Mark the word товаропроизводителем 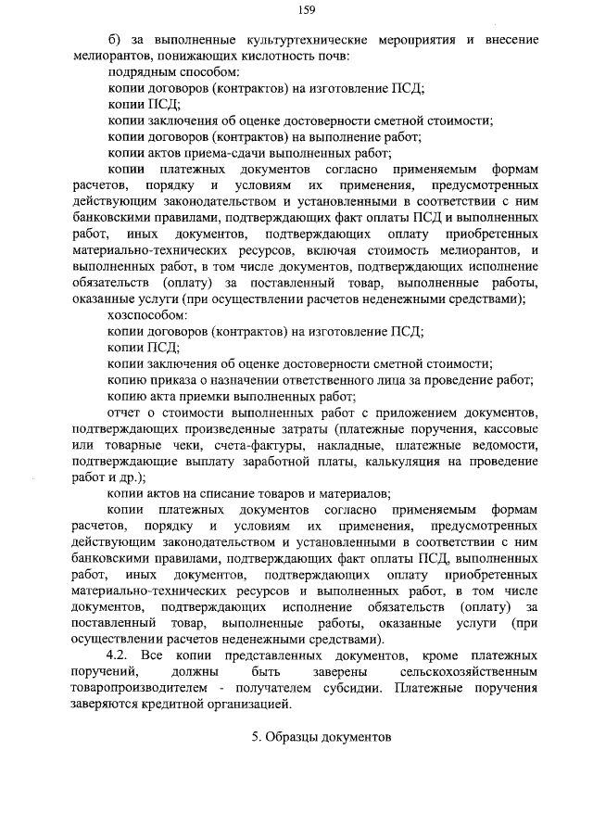[x=148, y=688]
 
